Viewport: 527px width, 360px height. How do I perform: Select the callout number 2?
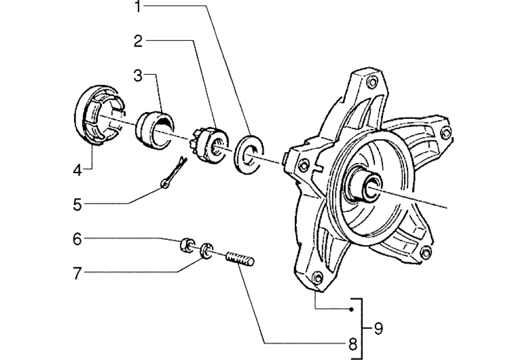139,41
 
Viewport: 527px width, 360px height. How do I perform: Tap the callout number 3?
138,76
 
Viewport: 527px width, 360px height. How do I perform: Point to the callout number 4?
78,171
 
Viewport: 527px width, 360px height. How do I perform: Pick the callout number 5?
77,205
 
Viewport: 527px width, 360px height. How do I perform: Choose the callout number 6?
77,239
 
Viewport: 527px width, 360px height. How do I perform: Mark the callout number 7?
77,273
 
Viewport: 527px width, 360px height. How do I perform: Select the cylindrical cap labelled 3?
154,128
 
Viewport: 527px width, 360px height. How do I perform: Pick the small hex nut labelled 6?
185,245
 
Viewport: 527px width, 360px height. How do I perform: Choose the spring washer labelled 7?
207,250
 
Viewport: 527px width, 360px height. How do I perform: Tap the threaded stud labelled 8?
240,260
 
